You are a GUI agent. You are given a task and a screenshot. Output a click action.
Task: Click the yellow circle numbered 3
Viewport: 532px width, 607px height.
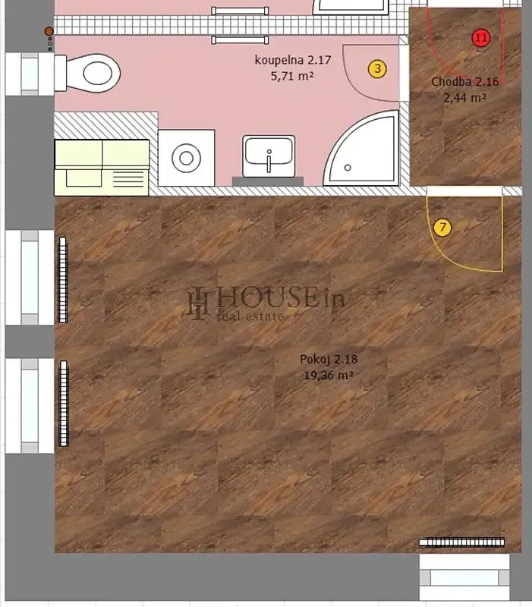[x=377, y=69]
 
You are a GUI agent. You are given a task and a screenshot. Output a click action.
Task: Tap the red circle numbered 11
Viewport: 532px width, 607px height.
[x=481, y=38]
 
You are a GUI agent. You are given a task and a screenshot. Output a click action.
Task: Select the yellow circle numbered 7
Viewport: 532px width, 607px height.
[x=442, y=227]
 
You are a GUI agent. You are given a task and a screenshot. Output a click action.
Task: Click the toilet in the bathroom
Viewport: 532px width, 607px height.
[x=87, y=73]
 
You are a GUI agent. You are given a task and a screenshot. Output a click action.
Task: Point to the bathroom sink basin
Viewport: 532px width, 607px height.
[x=269, y=156]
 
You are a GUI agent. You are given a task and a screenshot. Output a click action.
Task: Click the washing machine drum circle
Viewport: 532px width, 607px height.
[x=186, y=158]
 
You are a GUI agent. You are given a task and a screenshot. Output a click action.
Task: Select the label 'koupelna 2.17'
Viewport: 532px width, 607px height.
[x=293, y=60]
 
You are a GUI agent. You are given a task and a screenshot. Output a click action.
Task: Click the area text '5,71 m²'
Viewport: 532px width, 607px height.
[x=292, y=76]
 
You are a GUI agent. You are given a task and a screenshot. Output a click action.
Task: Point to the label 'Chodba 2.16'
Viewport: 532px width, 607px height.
[x=464, y=82]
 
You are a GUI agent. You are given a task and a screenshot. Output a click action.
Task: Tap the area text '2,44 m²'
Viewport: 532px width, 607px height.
[x=464, y=98]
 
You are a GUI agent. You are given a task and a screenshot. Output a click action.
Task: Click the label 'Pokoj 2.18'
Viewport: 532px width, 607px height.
[x=329, y=359]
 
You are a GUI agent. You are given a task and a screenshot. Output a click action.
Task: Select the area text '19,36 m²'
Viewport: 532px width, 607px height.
[x=329, y=375]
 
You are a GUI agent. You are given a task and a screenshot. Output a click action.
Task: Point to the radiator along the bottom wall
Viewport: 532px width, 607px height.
[x=462, y=543]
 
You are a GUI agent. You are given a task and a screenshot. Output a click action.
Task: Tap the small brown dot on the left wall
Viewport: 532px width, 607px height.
[x=49, y=31]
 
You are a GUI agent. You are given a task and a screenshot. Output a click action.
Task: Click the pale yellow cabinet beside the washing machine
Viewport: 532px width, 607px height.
[x=102, y=168]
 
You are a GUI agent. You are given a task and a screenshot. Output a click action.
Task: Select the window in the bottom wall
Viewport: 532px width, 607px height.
[x=464, y=577]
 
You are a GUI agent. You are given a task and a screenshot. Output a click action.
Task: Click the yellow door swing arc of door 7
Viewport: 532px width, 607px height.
[x=451, y=256]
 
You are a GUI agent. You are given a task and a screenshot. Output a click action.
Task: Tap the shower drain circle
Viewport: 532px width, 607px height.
[x=348, y=168]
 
